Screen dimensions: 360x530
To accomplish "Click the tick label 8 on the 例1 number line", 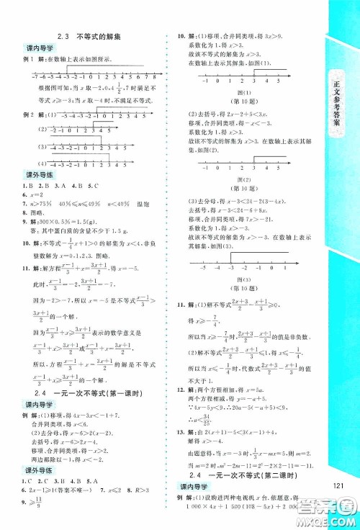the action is pos(155,75).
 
